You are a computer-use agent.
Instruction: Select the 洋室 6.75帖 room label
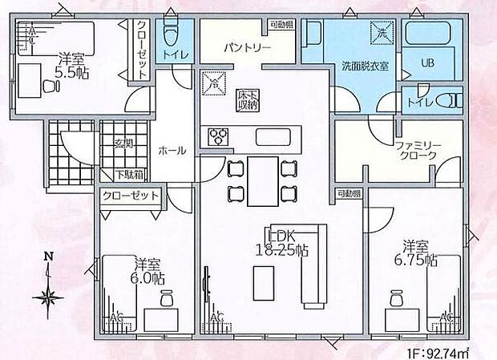tap(420, 253)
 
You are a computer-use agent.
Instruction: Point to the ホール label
tap(172, 150)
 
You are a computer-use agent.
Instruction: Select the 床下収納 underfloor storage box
tap(246, 99)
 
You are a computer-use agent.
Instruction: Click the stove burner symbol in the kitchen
tap(219, 137)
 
